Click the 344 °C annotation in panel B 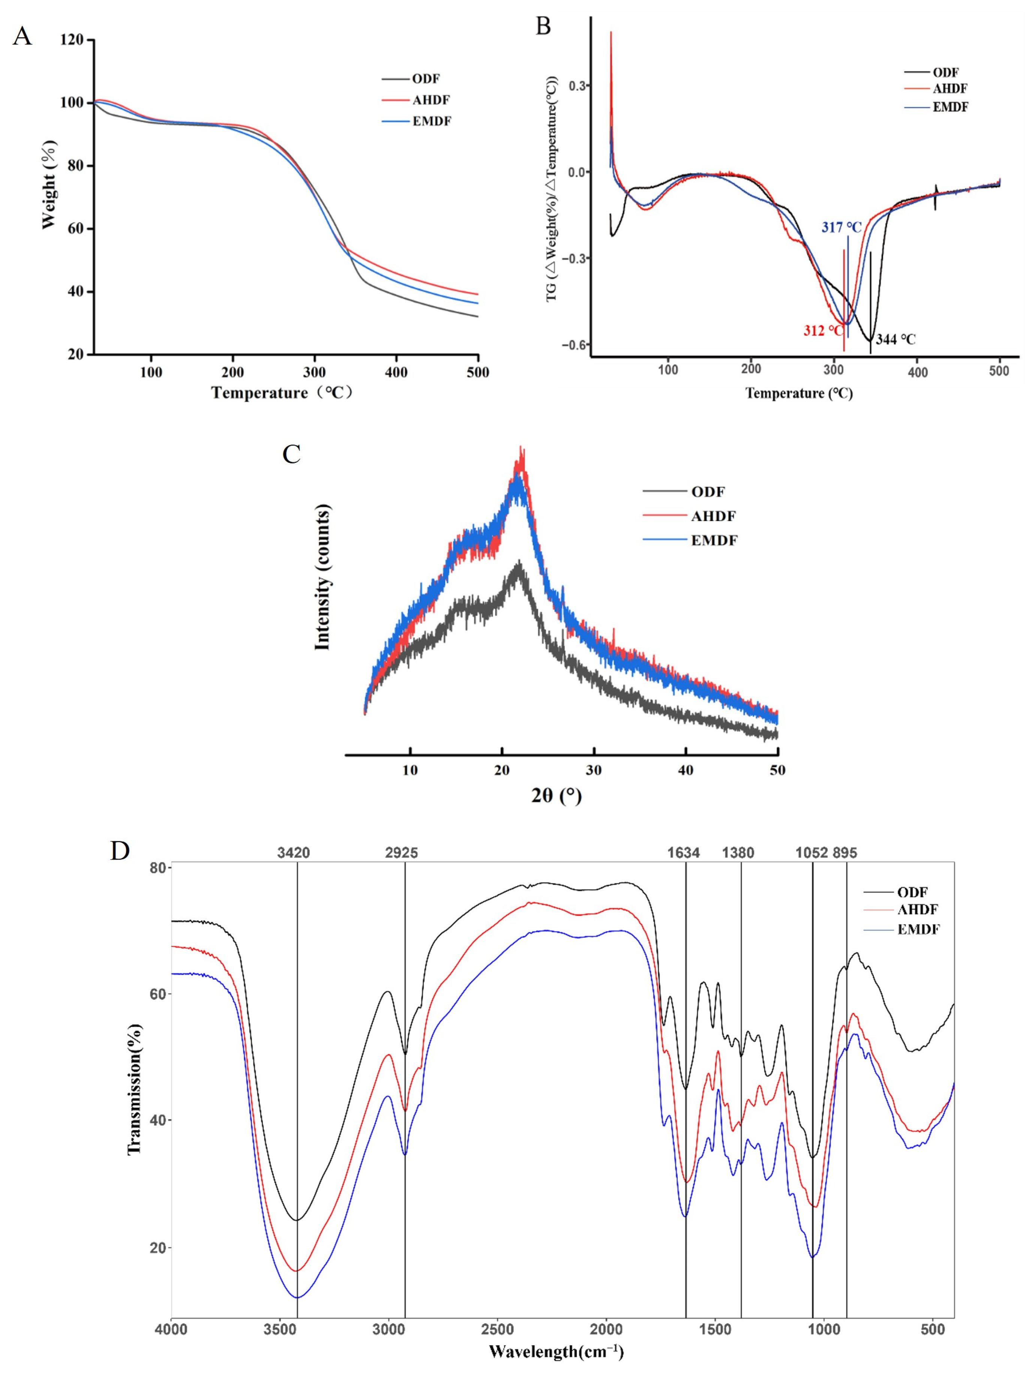click(896, 339)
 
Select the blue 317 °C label click(842, 228)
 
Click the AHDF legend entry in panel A click(431, 100)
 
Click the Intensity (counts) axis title click(322, 577)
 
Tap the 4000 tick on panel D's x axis click(171, 1330)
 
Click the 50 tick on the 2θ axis click(777, 770)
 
